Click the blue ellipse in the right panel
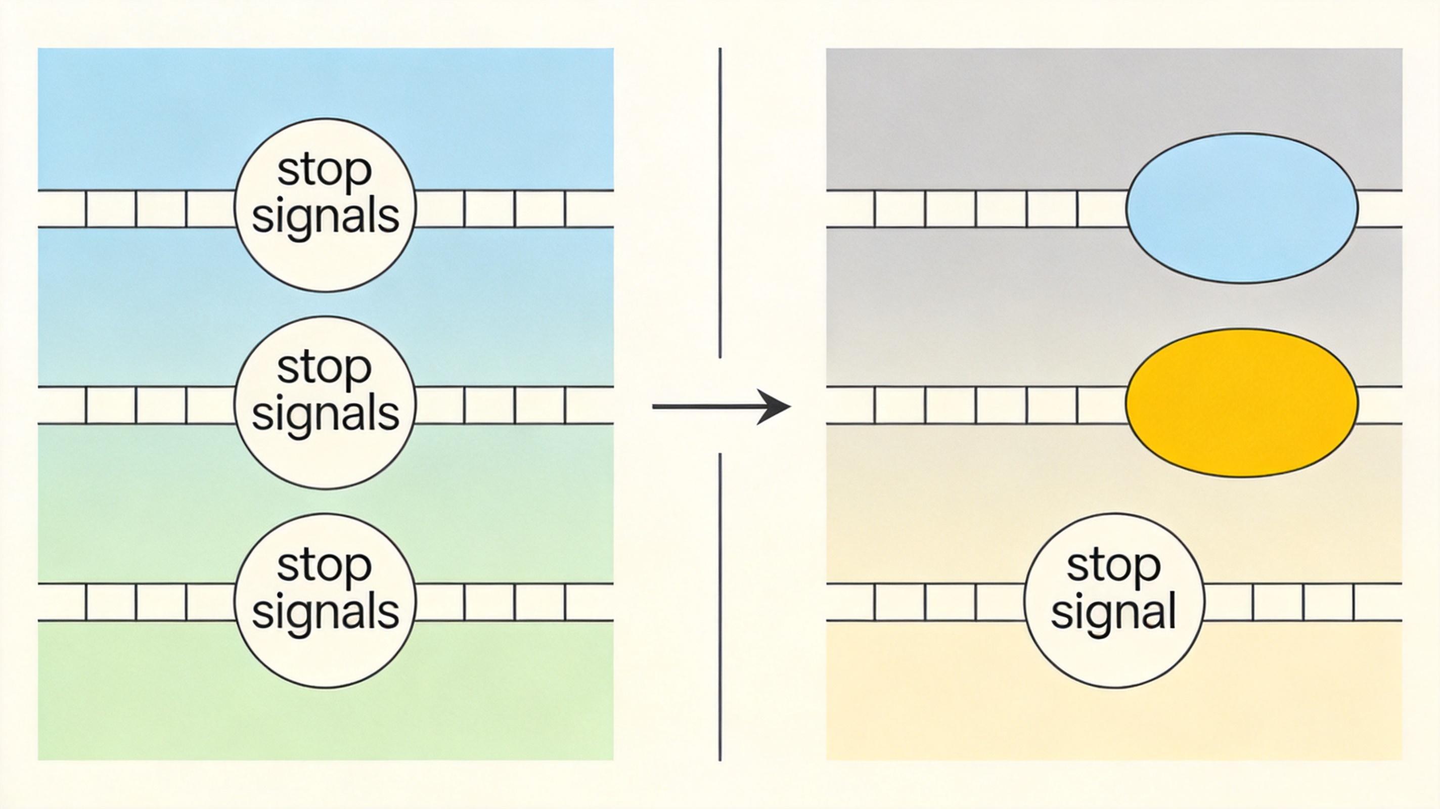1242,208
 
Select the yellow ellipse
1242,403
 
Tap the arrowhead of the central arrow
774,407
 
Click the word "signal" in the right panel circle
1113,611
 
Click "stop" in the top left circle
324,170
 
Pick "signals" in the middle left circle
325,413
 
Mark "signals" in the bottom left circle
325,611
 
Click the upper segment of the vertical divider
720,203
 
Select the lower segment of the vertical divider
720,607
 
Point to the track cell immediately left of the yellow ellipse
1102,405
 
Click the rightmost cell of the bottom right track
1378,602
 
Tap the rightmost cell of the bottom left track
590,602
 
